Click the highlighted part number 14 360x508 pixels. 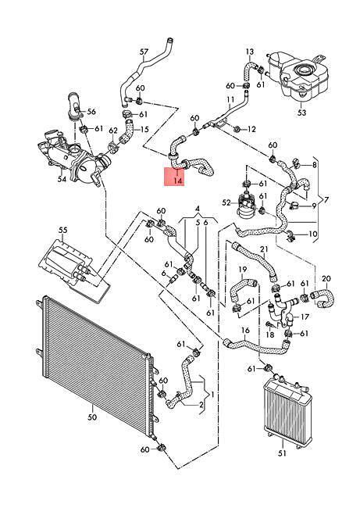point(178,181)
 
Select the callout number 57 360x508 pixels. point(144,52)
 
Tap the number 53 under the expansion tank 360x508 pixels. point(301,113)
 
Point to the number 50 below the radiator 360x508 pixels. point(92,417)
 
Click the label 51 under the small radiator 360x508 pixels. point(283,453)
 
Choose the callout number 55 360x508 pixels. point(63,230)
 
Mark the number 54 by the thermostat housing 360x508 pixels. point(62,178)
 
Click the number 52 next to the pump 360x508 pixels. point(227,203)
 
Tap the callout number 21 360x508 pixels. point(264,249)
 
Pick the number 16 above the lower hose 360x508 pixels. point(245,330)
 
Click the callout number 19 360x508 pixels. point(243,269)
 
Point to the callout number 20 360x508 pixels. point(326,278)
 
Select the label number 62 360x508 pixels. point(113,131)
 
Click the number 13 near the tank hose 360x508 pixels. point(250,52)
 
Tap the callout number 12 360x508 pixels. point(251,129)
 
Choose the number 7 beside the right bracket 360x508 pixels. point(326,200)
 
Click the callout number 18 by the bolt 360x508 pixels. point(269,334)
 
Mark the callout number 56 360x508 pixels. point(91,112)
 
